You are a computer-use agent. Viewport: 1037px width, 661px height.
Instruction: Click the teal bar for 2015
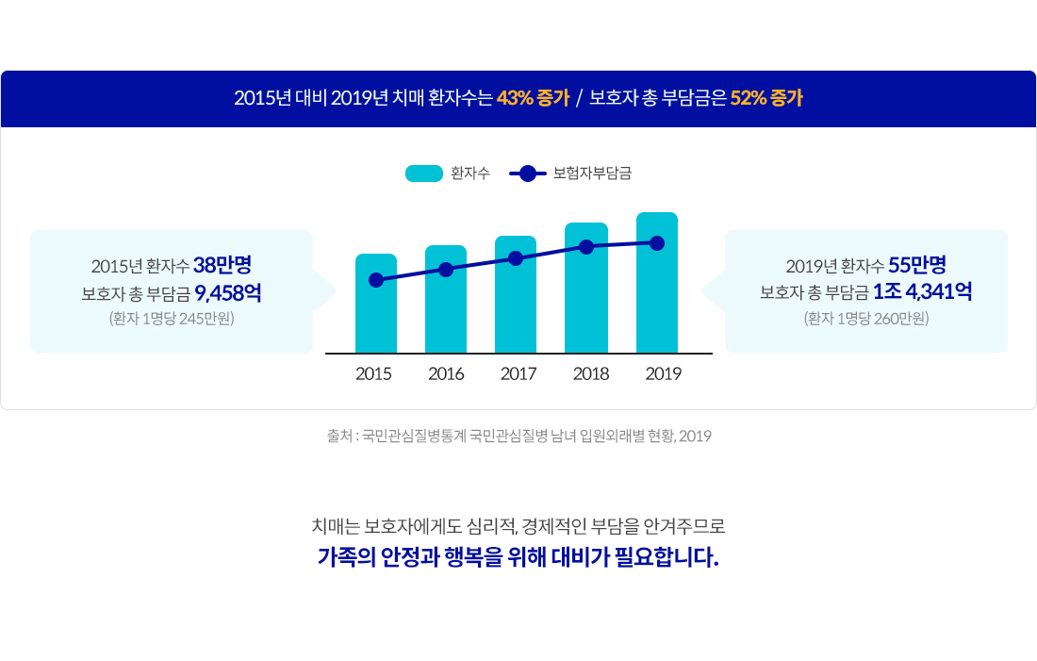[375, 304]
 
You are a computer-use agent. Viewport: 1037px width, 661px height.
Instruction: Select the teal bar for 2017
[515, 294]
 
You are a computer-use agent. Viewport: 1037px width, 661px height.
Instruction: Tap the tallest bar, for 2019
[657, 283]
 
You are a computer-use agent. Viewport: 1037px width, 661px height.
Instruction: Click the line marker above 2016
[446, 270]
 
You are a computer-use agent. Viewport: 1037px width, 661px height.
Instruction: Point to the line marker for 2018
[586, 247]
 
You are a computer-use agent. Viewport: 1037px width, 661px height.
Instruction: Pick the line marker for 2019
[657, 243]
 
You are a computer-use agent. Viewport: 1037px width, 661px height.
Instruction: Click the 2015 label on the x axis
[373, 373]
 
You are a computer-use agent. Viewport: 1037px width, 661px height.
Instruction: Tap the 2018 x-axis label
[590, 373]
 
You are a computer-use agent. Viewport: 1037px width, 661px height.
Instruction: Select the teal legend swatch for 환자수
[424, 174]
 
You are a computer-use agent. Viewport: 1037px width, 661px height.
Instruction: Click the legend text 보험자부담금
[592, 174]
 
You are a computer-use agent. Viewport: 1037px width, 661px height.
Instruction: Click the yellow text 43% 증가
[533, 98]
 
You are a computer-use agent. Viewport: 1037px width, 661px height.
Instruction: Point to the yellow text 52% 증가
[766, 98]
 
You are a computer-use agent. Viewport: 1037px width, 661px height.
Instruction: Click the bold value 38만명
[222, 265]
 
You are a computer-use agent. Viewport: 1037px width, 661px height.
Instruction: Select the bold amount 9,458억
[228, 292]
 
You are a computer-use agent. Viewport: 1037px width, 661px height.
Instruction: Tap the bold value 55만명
[917, 265]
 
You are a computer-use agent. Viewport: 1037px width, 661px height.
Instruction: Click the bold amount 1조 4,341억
[923, 291]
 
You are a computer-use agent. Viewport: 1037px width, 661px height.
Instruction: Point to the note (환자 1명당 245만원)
[172, 319]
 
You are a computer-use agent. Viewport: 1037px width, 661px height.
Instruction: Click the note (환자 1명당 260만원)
[866, 319]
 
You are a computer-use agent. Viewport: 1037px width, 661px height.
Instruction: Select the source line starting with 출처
[519, 436]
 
